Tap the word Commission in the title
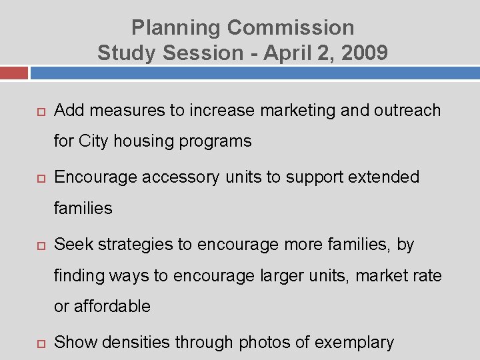(x=291, y=28)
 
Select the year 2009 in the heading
(x=365, y=53)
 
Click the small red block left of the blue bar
(x=14, y=73)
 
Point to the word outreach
(x=407, y=110)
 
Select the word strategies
(x=135, y=245)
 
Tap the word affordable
(x=112, y=307)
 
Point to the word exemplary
(x=354, y=343)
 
